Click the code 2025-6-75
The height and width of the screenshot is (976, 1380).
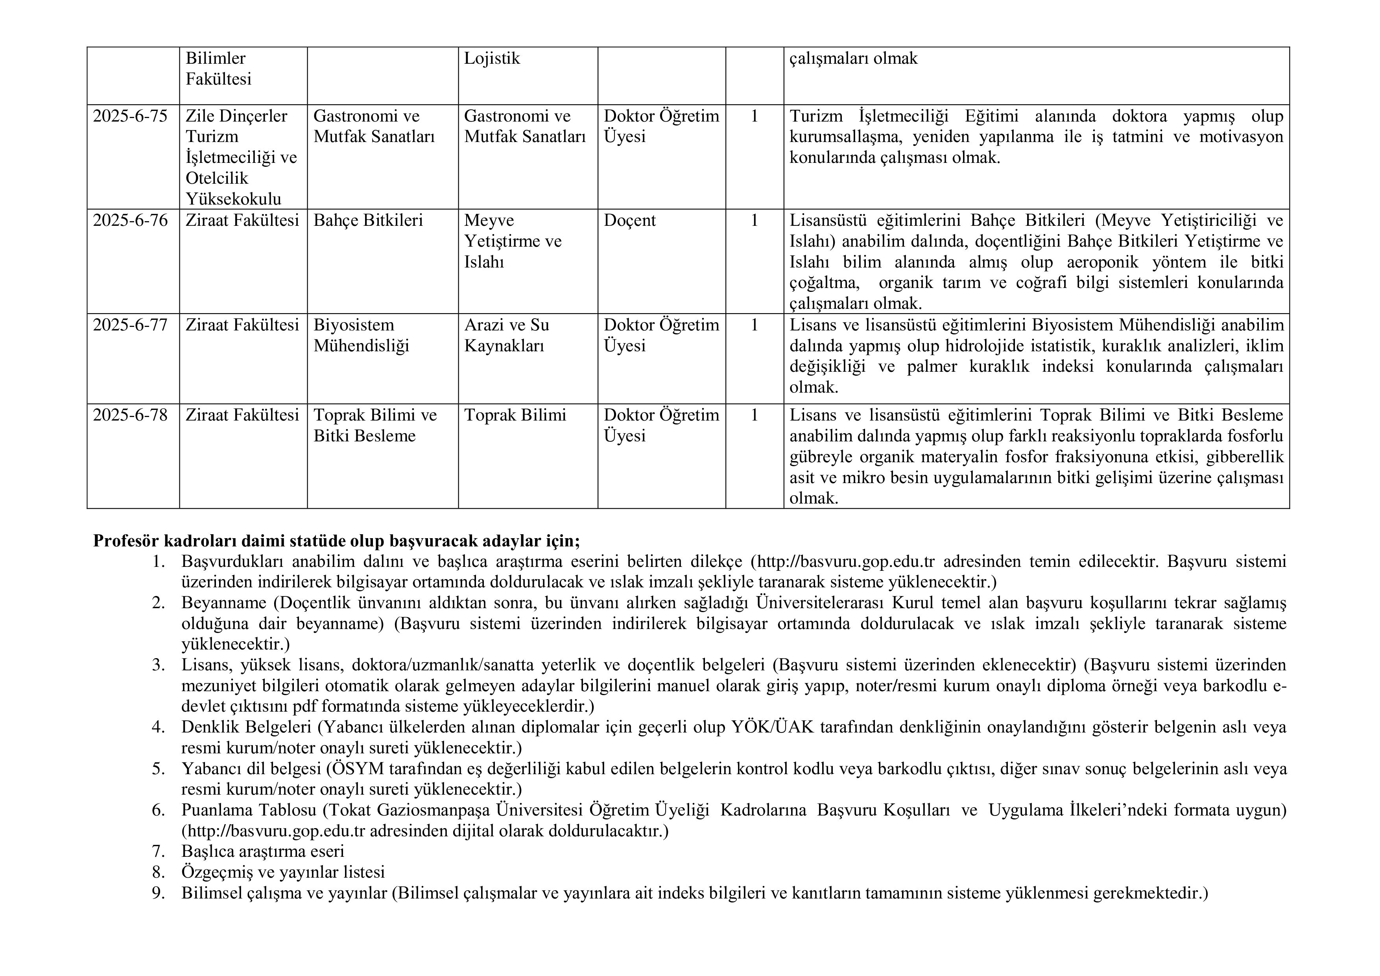[x=130, y=116]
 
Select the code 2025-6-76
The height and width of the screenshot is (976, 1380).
[x=130, y=221]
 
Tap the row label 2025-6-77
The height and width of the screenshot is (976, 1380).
[x=130, y=325]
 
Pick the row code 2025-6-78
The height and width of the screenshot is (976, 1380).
[x=130, y=415]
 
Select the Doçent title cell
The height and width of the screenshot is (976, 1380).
[x=630, y=221]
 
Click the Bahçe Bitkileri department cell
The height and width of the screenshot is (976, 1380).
[x=368, y=221]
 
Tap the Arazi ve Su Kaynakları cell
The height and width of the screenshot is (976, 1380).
[x=506, y=335]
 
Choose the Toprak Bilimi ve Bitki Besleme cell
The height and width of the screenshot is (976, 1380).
[x=375, y=426]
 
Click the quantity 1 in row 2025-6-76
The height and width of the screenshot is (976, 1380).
[x=754, y=221]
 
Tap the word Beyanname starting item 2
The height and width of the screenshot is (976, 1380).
[x=223, y=603]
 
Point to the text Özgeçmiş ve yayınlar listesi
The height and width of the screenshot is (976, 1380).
[x=283, y=872]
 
